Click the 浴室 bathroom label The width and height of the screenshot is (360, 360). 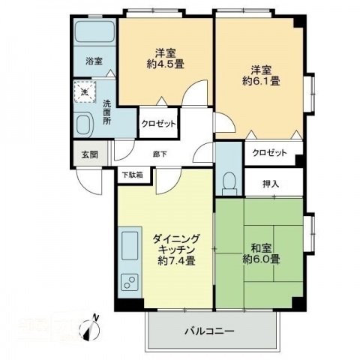click(93, 61)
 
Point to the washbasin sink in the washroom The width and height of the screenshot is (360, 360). click(84, 123)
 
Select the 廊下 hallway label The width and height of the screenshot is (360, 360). click(160, 154)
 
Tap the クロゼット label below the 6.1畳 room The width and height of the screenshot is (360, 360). click(269, 153)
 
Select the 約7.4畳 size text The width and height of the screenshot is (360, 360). click(177, 261)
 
